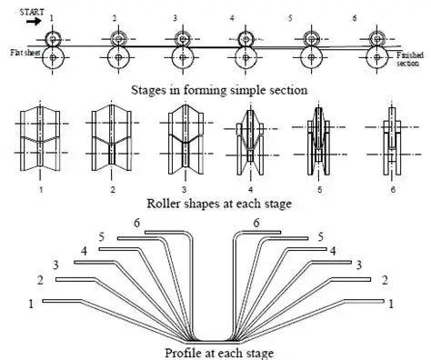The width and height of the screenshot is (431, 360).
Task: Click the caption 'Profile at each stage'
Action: click(x=215, y=352)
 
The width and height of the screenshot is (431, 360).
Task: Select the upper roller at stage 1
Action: click(x=52, y=39)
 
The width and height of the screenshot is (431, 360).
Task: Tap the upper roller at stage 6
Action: click(x=377, y=39)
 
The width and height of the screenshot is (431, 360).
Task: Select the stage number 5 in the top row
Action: click(x=314, y=17)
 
